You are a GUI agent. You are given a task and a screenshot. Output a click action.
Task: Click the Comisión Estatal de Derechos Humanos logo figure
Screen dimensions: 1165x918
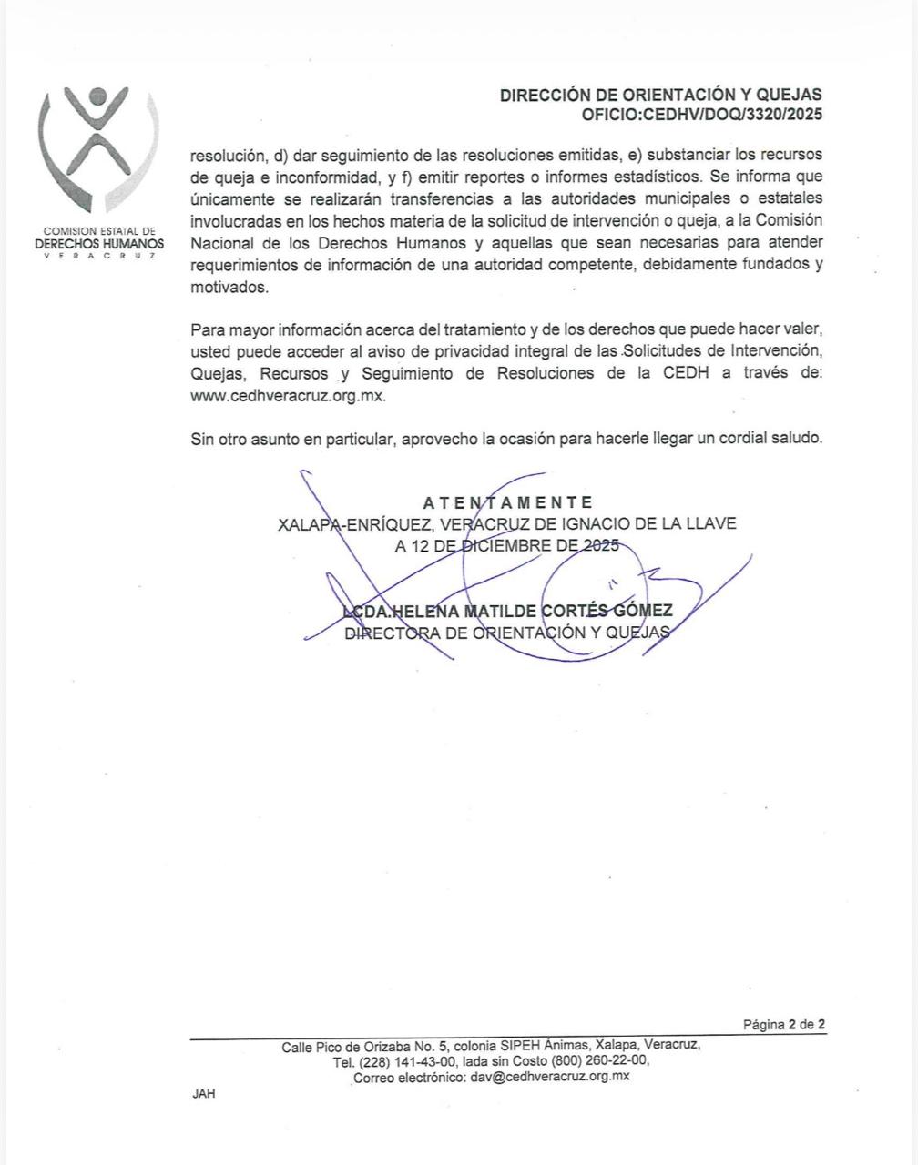(98, 146)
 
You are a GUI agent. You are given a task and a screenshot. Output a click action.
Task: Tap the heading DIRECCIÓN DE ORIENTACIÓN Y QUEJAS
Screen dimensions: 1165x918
(660, 95)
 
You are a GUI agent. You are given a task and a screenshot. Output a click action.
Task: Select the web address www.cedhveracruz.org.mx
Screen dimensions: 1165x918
(289, 396)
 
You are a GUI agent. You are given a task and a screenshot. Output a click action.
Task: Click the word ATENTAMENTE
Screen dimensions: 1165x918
(508, 502)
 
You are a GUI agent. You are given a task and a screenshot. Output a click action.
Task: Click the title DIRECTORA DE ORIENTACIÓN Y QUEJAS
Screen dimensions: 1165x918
(507, 633)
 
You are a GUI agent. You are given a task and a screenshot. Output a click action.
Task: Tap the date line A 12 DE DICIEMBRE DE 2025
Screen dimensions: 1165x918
(506, 546)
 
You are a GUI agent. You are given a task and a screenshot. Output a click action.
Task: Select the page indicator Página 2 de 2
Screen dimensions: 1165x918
(784, 1025)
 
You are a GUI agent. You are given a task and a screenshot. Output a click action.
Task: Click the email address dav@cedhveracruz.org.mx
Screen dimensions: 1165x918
(550, 1076)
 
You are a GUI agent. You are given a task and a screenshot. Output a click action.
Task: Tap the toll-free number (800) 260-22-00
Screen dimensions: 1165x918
(599, 1061)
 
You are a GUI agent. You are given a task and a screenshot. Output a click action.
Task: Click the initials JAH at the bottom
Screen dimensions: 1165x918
(204, 1094)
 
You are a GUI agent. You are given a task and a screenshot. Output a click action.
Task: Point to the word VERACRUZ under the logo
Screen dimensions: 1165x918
(99, 256)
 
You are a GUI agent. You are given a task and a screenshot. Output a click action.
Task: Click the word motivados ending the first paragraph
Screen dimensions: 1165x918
(229, 287)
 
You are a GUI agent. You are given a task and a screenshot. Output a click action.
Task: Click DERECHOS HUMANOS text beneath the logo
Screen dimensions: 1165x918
(99, 244)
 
